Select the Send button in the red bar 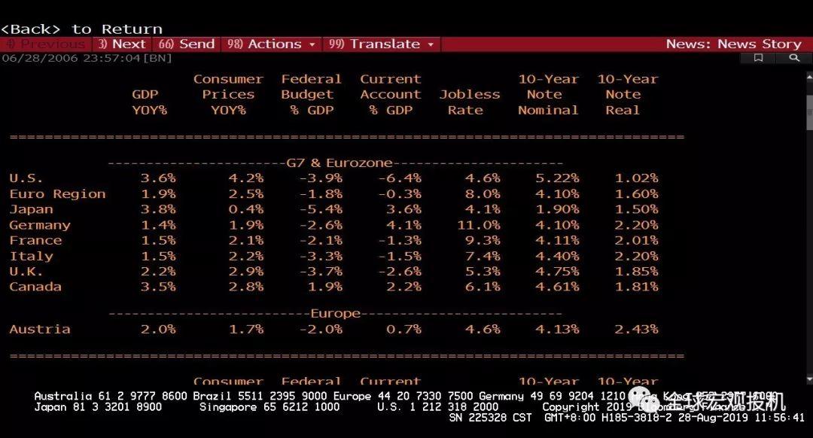187,44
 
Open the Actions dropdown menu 272,44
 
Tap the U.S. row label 26,178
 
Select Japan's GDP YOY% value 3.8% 157,209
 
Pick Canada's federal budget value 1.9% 324,287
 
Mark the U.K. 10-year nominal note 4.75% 557,272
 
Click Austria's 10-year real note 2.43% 636,330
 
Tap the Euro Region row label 57,194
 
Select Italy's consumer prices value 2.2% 245,256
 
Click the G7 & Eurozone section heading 340,163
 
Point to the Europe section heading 335,314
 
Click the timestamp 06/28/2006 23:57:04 71,58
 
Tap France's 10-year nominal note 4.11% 557,241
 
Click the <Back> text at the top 31,29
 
